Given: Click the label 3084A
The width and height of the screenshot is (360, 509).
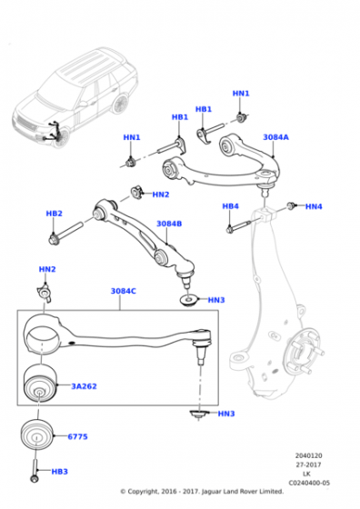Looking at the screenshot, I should pyautogui.click(x=276, y=137).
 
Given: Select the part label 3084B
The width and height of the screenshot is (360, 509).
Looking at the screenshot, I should pyautogui.click(x=169, y=223).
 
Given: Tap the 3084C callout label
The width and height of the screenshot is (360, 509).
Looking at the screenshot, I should pyautogui.click(x=124, y=291).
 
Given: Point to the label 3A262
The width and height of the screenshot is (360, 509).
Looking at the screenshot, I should pyautogui.click(x=85, y=386).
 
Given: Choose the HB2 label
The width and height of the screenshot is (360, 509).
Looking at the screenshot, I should pyautogui.click(x=54, y=214).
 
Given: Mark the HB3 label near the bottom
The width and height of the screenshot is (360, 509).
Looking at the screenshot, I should pyautogui.click(x=60, y=473).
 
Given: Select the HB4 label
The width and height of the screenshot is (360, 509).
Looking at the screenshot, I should pyautogui.click(x=231, y=206).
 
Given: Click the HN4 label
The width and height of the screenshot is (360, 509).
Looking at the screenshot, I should pyautogui.click(x=314, y=207).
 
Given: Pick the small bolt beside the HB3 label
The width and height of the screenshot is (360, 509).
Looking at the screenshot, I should pyautogui.click(x=34, y=473).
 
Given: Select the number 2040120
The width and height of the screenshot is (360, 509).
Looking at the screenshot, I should pyautogui.click(x=310, y=455).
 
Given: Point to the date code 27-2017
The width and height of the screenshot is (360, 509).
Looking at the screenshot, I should pyautogui.click(x=310, y=464).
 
